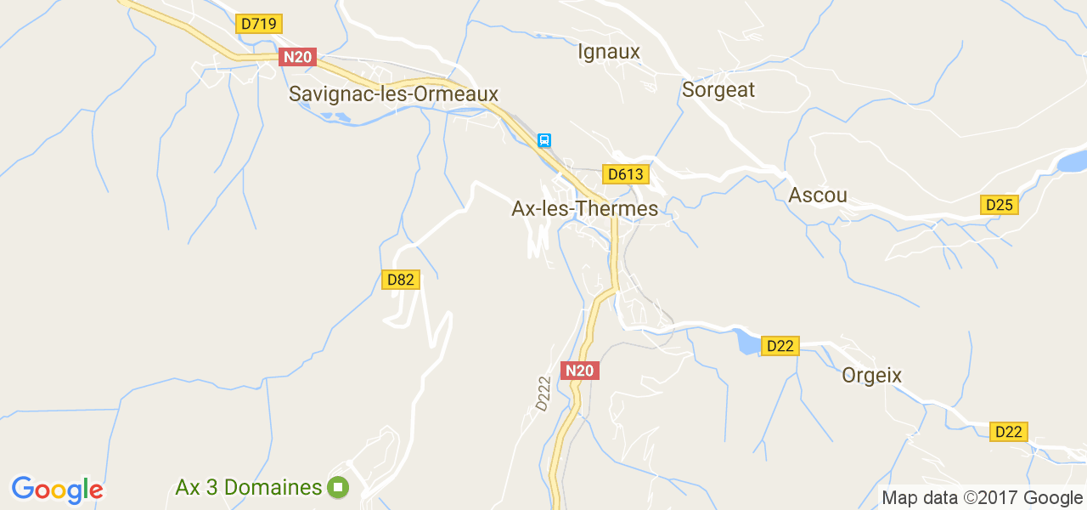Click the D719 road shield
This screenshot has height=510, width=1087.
259,24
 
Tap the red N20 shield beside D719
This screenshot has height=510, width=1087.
297,57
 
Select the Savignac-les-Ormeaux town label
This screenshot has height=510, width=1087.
393,93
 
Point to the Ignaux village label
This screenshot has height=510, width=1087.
608,52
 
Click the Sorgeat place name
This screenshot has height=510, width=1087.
718,89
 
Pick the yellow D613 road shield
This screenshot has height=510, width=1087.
626,174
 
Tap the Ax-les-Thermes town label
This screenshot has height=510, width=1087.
584,208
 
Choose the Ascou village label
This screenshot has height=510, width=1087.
818,195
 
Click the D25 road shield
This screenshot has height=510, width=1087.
999,205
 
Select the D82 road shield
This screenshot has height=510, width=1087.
401,280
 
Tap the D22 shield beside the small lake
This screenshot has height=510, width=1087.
780,345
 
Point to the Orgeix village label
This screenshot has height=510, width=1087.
871,375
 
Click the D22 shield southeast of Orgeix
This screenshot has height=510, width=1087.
1009,431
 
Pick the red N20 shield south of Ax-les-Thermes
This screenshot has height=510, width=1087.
580,370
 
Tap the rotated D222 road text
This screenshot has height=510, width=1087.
544,394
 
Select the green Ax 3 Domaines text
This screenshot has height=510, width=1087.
249,488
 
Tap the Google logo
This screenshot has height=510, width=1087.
57,490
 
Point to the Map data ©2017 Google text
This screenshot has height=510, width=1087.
982,498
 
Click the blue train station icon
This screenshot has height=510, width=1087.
544,139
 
